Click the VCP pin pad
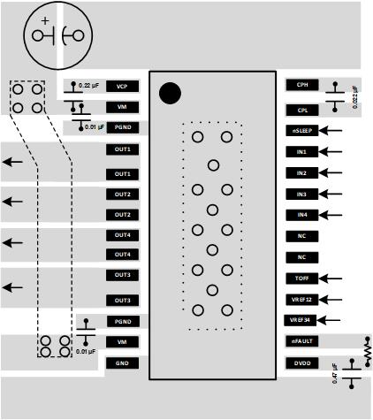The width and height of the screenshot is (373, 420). tap(122, 86)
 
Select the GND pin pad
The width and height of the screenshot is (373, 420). tap(122, 363)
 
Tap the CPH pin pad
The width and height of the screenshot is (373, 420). tap(302, 86)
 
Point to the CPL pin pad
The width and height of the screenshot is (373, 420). tap(302, 110)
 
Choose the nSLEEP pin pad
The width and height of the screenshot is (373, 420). tap(302, 130)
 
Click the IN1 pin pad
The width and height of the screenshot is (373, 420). tap(302, 151)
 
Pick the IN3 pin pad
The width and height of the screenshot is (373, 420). tap(302, 194)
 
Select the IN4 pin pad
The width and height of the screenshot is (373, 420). tap(302, 215)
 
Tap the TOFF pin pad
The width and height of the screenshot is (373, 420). tap(302, 279)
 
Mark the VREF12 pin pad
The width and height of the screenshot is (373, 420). tap(302, 300)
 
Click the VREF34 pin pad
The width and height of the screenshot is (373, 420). tap(302, 320)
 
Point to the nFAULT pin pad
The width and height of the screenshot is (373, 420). tap(302, 341)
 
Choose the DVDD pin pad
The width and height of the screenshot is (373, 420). tap(302, 363)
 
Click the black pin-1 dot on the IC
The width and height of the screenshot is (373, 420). tap(170, 94)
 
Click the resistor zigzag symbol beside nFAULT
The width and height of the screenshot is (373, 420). tap(366, 350)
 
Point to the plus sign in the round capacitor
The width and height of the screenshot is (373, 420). tap(45, 20)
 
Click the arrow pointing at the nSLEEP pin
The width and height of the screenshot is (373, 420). tap(333, 130)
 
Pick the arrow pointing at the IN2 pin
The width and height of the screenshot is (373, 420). tap(333, 172)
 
